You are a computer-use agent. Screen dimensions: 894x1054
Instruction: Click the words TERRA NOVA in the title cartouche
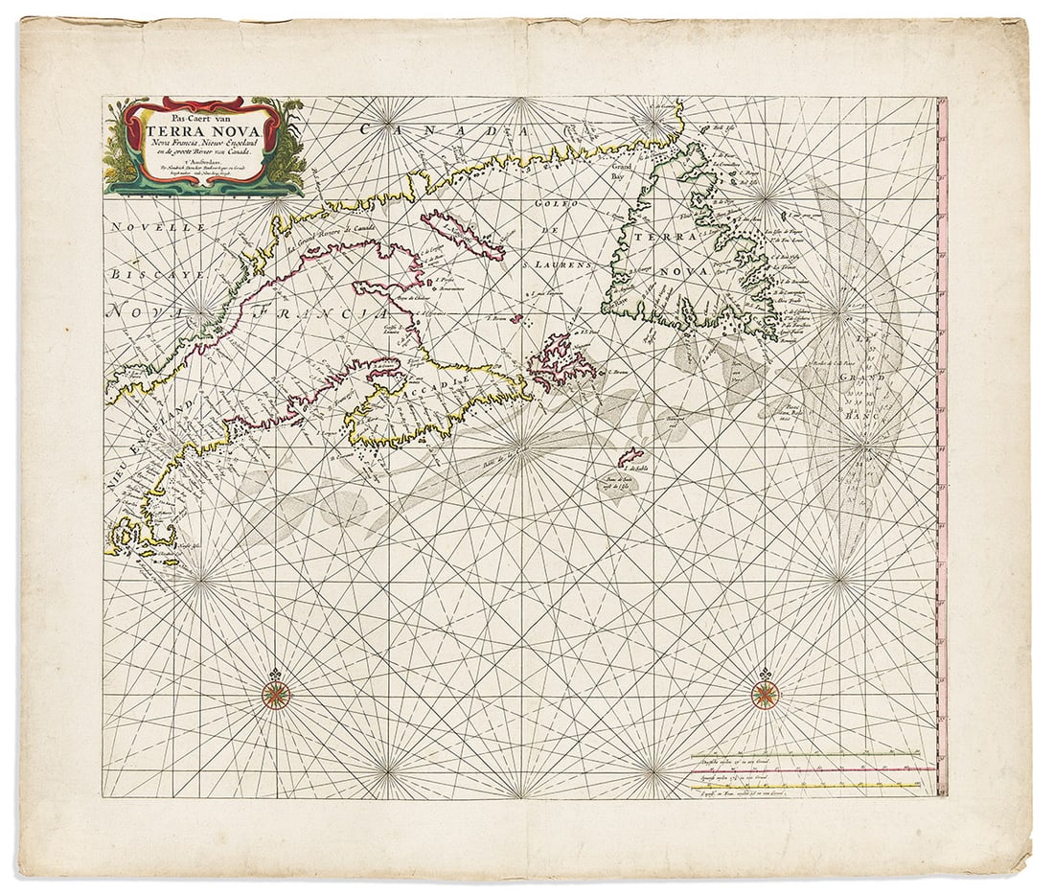(x=204, y=128)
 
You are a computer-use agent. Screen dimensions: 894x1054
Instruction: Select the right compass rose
(x=766, y=695)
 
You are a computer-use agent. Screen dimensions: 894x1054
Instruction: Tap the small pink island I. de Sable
(x=630, y=457)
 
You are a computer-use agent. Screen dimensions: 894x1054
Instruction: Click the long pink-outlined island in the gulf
(x=462, y=235)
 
